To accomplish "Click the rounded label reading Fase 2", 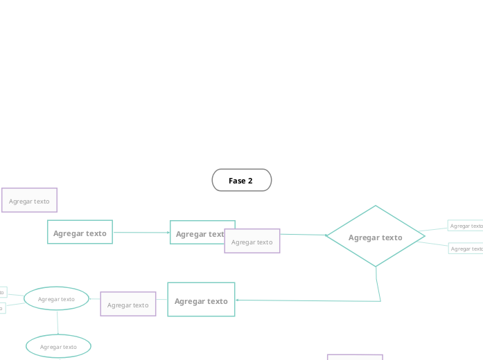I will click(x=241, y=180).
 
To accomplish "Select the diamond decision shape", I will click(x=375, y=237).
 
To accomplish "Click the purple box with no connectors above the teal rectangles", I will click(x=29, y=200).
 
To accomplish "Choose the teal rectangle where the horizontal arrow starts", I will click(x=80, y=233).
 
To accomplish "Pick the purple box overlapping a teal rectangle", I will click(x=252, y=242).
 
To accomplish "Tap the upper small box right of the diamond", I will click(x=465, y=226).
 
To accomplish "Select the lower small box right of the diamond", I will click(x=466, y=249).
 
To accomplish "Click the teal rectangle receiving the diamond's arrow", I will click(x=201, y=300).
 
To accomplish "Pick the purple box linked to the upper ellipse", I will click(x=128, y=305).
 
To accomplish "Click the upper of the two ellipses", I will click(x=56, y=298).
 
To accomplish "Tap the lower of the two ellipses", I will click(x=58, y=346).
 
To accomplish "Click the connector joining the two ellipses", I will click(x=58, y=322).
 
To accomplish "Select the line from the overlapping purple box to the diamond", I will click(x=302, y=235).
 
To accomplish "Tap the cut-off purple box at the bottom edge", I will click(x=355, y=357).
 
